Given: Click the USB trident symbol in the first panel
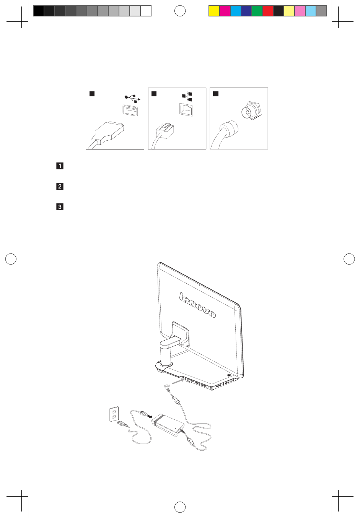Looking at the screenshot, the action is tap(132, 98).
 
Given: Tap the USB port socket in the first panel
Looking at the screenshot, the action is tap(130, 111).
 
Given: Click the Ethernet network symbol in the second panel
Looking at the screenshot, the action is tap(187, 97).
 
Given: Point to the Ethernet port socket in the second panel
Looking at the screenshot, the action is tap(186, 109).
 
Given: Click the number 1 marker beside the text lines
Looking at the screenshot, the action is tap(60, 166).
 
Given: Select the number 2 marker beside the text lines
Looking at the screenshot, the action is tap(60, 187).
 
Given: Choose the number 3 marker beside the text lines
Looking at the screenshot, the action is tap(60, 207).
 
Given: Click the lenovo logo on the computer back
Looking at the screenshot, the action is tap(197, 305).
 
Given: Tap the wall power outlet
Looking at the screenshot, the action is tap(114, 414).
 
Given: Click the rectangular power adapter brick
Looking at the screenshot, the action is tap(168, 425).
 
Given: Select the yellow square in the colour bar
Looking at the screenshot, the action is tap(214, 11).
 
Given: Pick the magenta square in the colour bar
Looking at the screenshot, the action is tap(225, 11).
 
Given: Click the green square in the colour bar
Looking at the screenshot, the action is tap(257, 11).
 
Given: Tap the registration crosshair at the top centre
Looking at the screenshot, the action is tap(180, 11).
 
